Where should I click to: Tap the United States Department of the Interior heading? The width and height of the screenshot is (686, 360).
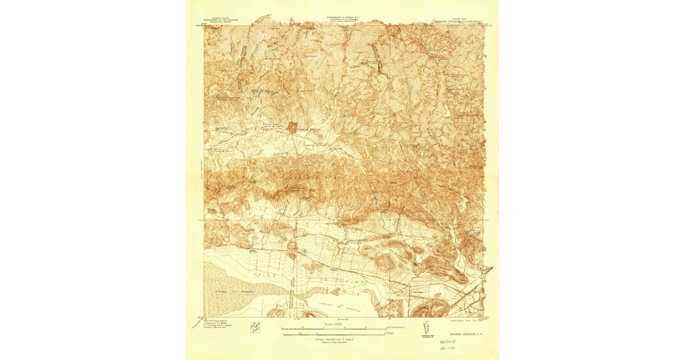tap(222, 21)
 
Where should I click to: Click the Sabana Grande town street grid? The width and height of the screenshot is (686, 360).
tap(292, 127)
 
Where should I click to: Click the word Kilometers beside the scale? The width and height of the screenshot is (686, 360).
tap(396, 327)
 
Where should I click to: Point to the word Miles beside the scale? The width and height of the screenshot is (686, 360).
tap(390, 333)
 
